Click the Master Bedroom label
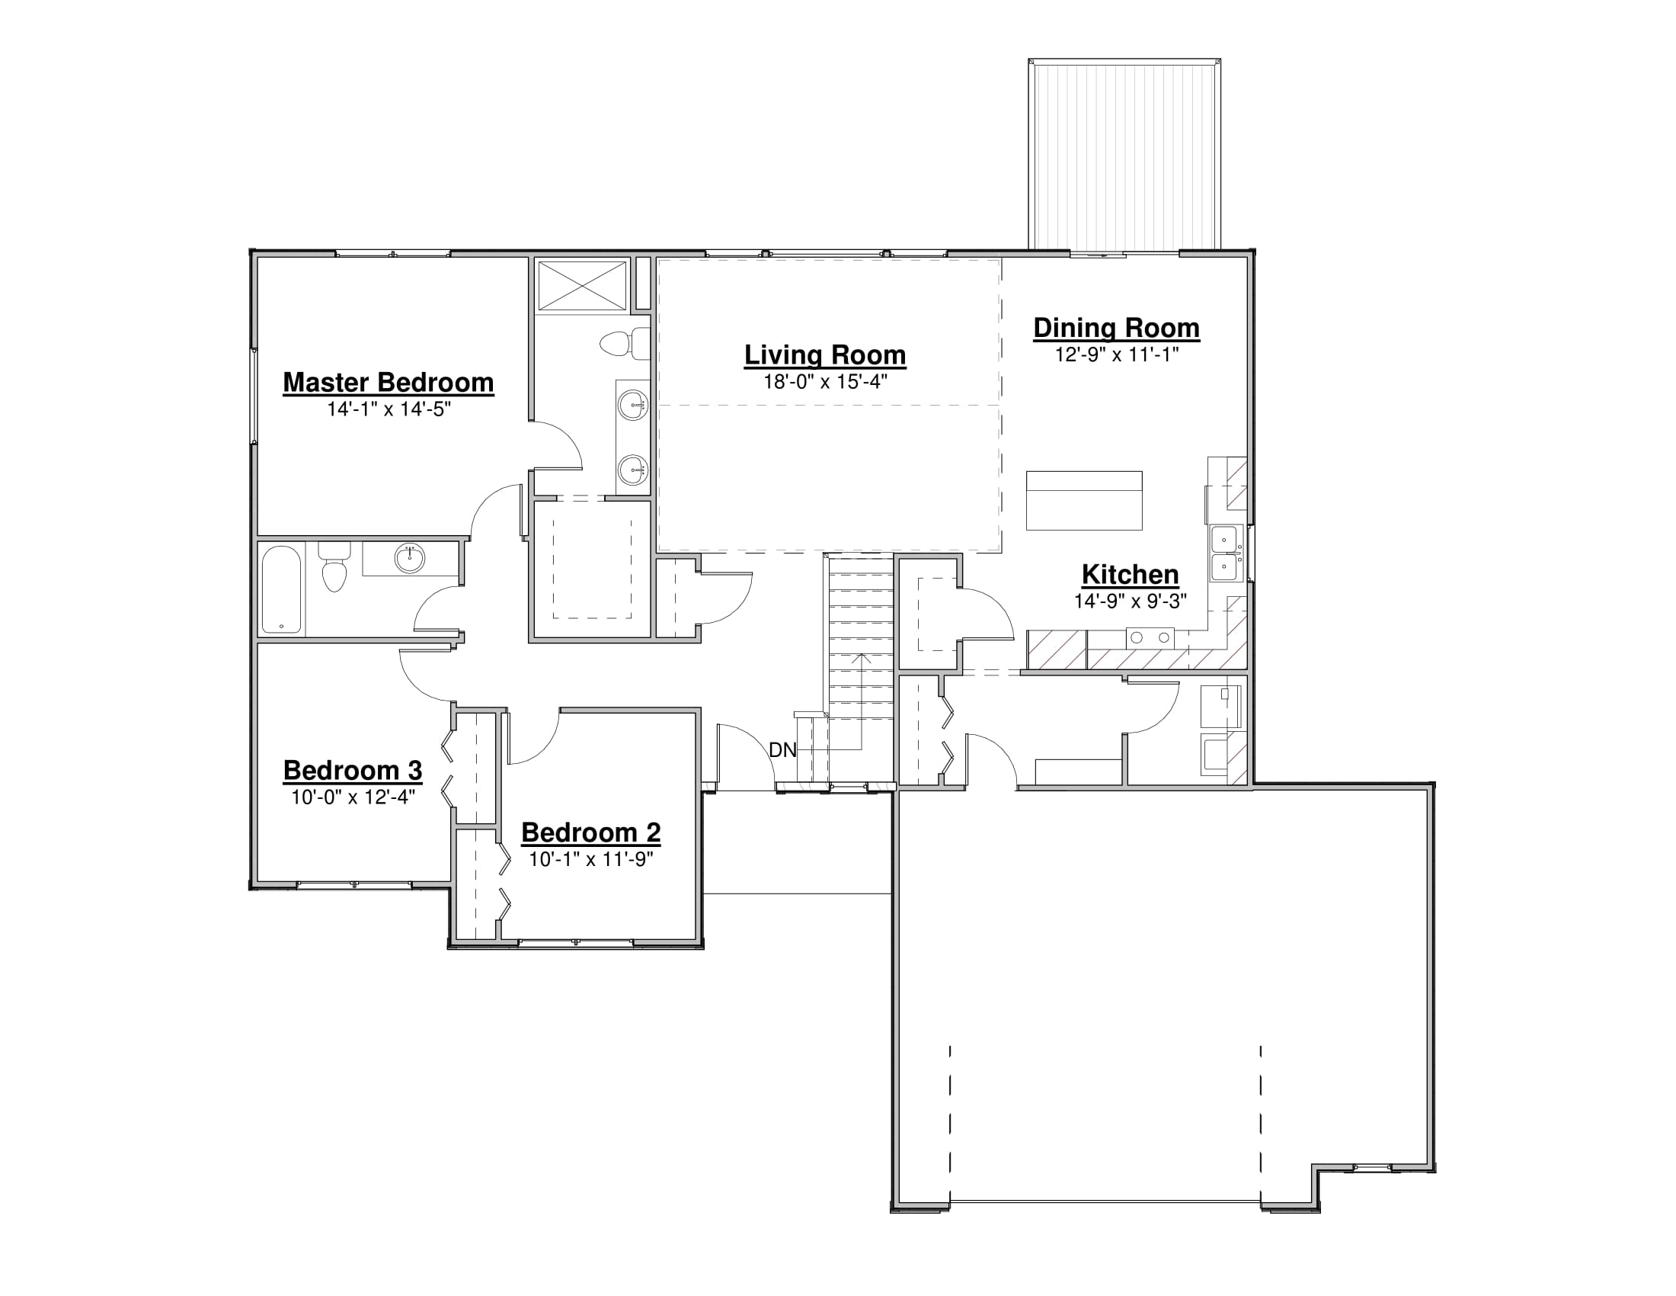click(389, 383)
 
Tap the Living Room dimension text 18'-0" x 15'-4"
click(825, 382)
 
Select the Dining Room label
click(1117, 328)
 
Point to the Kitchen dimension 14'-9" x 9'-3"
click(1131, 601)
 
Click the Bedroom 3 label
click(353, 770)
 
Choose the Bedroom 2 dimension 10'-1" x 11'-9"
click(591, 858)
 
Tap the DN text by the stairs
click(782, 750)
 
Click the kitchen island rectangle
click(1084, 501)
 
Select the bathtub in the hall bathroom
click(281, 589)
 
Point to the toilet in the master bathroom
click(625, 343)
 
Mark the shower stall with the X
click(583, 285)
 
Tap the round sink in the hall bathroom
click(410, 558)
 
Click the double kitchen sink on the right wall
click(1227, 553)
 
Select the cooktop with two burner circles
click(1150, 638)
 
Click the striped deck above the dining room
click(1124, 154)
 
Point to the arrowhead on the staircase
click(862, 658)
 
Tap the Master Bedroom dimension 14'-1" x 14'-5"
click(389, 409)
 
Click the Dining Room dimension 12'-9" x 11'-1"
click(1117, 354)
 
